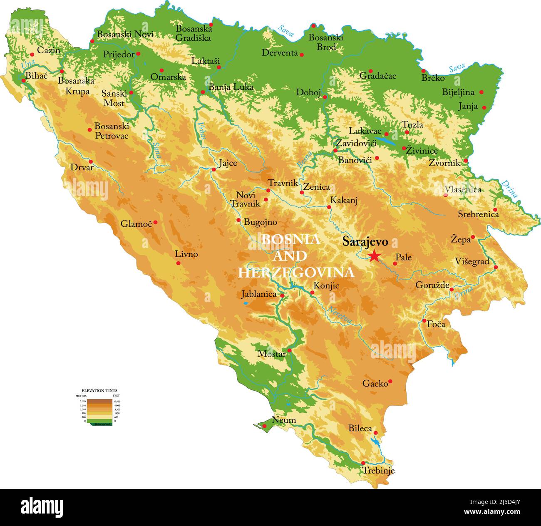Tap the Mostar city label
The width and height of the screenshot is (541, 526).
point(271,354)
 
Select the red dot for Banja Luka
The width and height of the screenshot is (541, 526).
point(203,92)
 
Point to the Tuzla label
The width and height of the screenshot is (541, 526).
point(412,124)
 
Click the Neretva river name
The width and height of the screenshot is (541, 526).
point(340,315)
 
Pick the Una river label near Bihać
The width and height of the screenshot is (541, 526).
point(28,64)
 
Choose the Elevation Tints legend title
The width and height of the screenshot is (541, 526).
point(99,391)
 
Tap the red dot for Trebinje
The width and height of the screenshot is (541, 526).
point(363,463)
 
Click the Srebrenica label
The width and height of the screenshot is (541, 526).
point(478,214)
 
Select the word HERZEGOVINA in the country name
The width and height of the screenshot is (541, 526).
point(296,273)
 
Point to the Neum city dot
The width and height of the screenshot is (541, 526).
point(264,426)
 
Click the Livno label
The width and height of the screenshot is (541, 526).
point(186,254)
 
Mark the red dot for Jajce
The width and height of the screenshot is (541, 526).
point(214,169)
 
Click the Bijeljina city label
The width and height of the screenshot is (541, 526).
point(458,92)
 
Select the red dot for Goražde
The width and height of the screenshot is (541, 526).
point(452,289)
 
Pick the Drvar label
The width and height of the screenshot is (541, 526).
point(82,167)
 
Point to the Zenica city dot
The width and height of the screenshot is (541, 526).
point(302,192)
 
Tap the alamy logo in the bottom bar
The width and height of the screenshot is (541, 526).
point(42,507)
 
